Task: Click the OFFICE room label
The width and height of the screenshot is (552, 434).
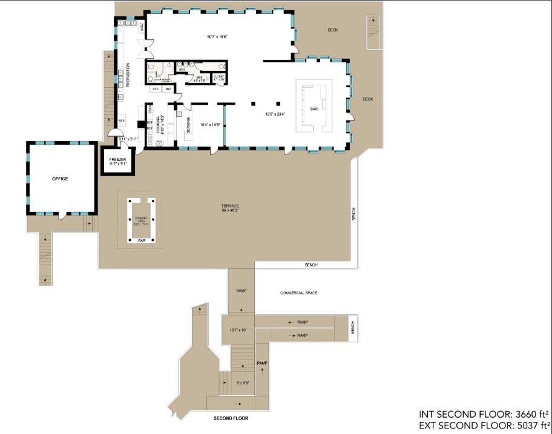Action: pyautogui.click(x=60, y=179)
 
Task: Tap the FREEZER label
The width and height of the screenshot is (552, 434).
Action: pyautogui.click(x=117, y=159)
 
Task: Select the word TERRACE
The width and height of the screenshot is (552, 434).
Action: pyautogui.click(x=230, y=206)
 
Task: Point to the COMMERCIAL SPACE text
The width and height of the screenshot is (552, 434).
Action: pyautogui.click(x=298, y=293)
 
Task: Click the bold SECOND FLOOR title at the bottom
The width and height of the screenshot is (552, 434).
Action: pyautogui.click(x=231, y=418)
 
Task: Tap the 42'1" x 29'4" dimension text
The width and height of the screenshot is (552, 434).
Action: pyautogui.click(x=275, y=113)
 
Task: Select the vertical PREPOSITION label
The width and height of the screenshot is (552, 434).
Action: pyautogui.click(x=128, y=75)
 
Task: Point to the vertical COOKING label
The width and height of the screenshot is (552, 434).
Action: pyautogui.click(x=158, y=124)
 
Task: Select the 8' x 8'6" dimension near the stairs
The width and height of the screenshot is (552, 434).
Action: pyautogui.click(x=242, y=383)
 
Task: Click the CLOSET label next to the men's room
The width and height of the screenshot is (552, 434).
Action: pyautogui.click(x=218, y=77)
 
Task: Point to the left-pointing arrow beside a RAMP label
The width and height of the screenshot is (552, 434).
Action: pyautogui.click(x=291, y=323)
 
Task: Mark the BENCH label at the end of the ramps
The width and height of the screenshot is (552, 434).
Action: pyautogui.click(x=353, y=327)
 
